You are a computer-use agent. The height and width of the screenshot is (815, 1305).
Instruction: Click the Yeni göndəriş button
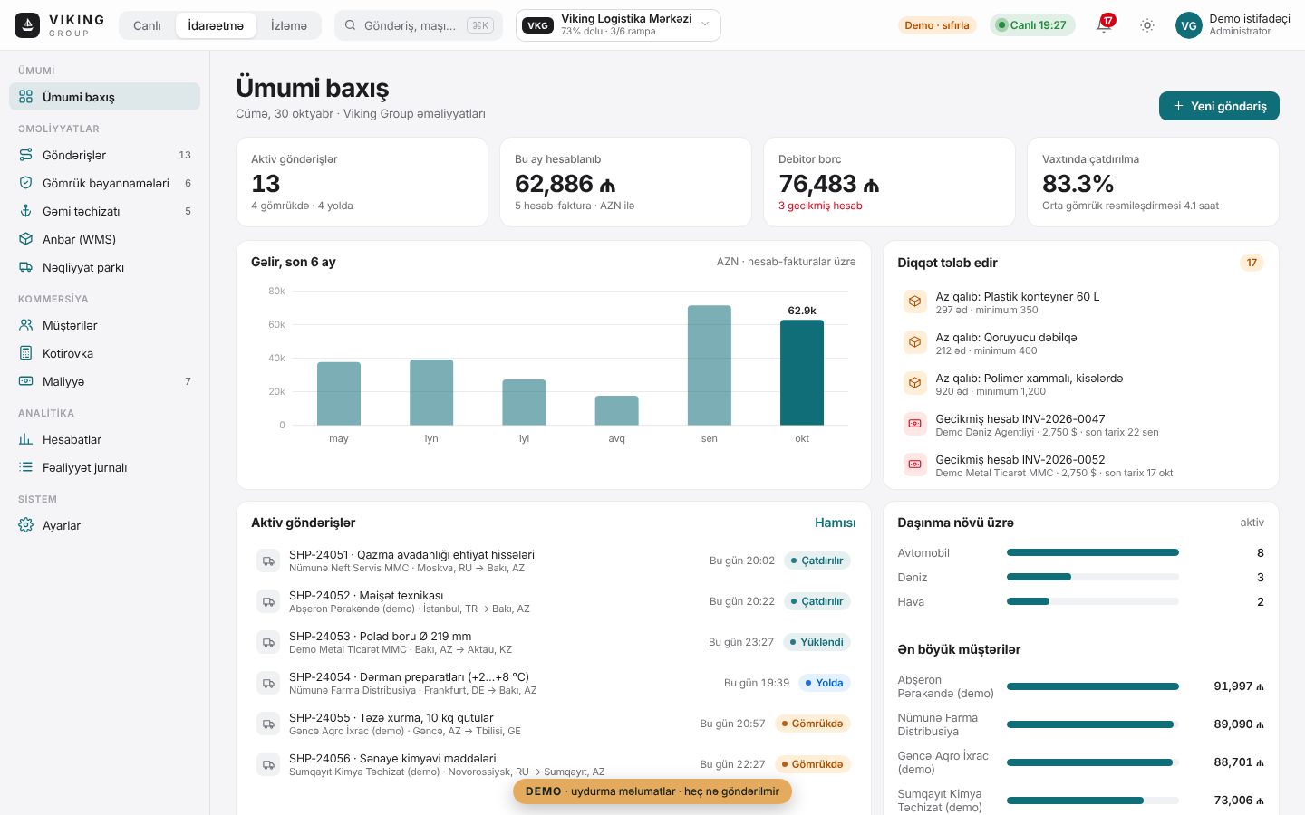1219,106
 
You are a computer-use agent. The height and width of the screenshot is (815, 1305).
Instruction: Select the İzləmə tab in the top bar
288,25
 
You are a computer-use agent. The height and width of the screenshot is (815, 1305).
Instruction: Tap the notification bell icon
1104,25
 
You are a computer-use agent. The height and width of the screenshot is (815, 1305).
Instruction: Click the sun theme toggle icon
1146,25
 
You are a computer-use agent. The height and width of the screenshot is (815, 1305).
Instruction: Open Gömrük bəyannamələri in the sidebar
105,183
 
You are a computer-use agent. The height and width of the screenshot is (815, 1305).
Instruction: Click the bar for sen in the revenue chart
709,366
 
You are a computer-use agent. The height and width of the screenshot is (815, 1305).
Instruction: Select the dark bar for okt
802,372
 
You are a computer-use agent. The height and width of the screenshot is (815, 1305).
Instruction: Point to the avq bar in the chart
616,410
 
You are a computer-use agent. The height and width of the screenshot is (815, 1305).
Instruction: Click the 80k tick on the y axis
276,291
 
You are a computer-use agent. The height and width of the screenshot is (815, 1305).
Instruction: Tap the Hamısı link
835,523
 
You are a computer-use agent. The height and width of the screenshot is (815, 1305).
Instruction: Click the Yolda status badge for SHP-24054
825,683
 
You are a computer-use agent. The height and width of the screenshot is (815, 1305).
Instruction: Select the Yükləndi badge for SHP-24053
817,642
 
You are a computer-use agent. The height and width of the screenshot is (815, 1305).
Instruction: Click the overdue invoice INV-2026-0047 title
1020,419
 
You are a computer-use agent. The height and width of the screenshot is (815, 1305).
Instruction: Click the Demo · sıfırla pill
937,25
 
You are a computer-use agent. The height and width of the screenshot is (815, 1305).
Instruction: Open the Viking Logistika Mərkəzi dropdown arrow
705,24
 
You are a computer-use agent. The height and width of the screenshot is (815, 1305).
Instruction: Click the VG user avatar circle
1188,25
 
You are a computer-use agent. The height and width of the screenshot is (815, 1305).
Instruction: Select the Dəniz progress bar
1092,577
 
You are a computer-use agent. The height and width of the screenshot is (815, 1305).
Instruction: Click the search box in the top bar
419,25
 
